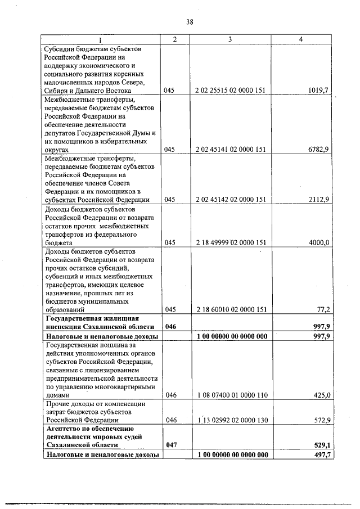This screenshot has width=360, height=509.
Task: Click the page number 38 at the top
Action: tap(190, 22)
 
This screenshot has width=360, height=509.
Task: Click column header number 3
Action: tap(231, 39)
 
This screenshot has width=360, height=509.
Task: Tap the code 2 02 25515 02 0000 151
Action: tap(231, 89)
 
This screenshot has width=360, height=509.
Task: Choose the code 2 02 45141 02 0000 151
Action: tap(231, 150)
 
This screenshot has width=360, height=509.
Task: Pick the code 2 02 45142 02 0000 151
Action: tap(231, 200)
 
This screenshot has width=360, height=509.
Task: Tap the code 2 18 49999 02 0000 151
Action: tap(231, 242)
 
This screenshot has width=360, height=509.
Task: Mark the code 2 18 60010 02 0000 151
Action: tap(231, 309)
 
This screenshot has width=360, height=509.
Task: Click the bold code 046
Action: tap(171, 327)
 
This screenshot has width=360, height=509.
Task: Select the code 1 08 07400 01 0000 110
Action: tap(231, 395)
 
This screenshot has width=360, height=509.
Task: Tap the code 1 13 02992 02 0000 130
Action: tap(231, 420)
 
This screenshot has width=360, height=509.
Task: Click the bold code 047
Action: tap(171, 444)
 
